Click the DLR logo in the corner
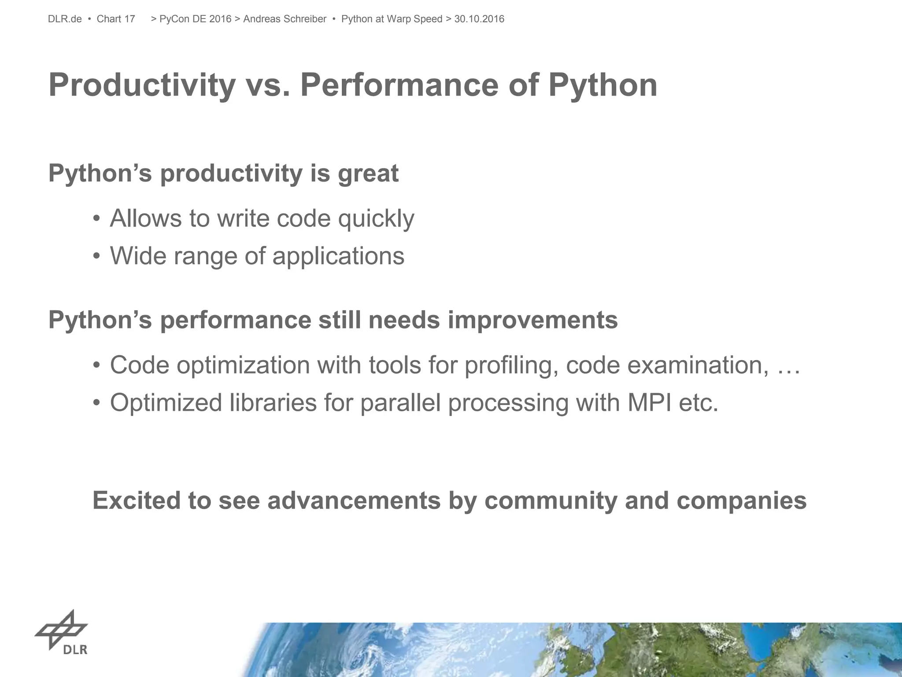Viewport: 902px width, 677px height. coord(62,633)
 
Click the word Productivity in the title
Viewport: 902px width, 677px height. coord(142,85)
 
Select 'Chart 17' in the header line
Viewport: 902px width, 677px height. coord(116,19)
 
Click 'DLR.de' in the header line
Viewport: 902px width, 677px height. coord(65,19)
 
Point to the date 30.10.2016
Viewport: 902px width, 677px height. coord(479,19)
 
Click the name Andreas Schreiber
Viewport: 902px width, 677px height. coord(285,19)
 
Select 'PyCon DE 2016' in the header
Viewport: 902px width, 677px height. coord(195,19)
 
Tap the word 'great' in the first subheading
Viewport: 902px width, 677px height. coord(368,173)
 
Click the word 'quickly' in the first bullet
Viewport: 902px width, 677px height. coord(376,219)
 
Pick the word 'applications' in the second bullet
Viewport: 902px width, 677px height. coord(338,256)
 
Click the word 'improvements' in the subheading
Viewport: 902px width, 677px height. coord(532,320)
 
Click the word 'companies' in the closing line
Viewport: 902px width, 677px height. coord(741,501)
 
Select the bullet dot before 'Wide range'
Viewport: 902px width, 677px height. coord(96,257)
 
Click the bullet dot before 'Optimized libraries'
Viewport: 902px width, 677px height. coord(96,403)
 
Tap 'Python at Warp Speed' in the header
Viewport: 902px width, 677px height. coord(392,19)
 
